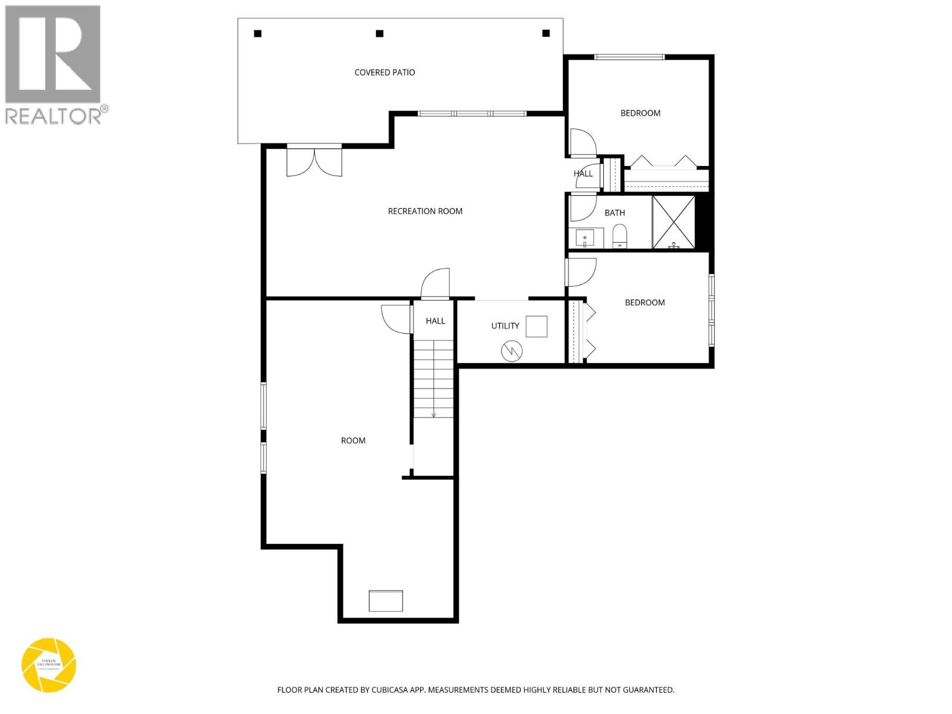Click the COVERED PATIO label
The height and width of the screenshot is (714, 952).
[384, 73]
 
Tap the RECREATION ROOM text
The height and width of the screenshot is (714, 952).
[425, 211]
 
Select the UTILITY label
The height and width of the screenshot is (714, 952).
[505, 326]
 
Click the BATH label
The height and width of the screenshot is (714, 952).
[615, 213]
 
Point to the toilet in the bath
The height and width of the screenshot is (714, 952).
[619, 236]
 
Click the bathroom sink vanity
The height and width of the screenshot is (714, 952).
[585, 238]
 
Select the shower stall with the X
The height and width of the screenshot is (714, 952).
[674, 221]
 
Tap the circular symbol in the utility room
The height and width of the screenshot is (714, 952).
[512, 351]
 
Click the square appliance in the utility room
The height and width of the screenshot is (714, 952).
[536, 327]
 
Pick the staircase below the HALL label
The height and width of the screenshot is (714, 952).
[434, 378]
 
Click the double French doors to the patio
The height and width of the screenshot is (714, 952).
[314, 161]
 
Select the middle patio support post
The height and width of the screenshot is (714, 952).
[380, 34]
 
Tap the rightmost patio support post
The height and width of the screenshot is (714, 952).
[546, 34]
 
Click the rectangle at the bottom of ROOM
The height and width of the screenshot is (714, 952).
[386, 601]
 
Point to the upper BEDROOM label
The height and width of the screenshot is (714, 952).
[640, 113]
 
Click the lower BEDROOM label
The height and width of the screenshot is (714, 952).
[644, 303]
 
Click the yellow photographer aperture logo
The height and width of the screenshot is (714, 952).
[49, 665]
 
